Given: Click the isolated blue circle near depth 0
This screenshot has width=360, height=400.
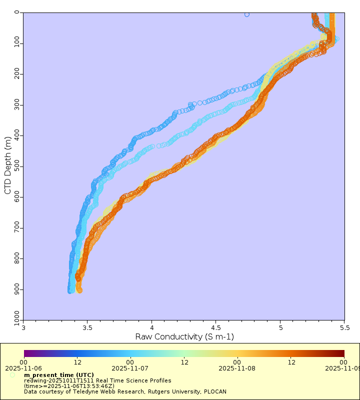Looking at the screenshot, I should [x=247, y=14].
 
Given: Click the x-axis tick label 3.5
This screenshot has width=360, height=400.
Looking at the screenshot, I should [x=87, y=328].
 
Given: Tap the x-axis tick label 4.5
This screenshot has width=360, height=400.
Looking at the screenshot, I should [x=215, y=328].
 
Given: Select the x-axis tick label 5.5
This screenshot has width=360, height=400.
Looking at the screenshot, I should [x=344, y=328].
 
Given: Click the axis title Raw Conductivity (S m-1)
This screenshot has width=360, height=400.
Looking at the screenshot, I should [x=184, y=337].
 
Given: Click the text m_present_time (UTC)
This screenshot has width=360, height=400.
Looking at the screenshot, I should [x=58, y=375].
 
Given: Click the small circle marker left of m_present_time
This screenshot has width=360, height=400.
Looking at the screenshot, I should [x=12, y=375].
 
